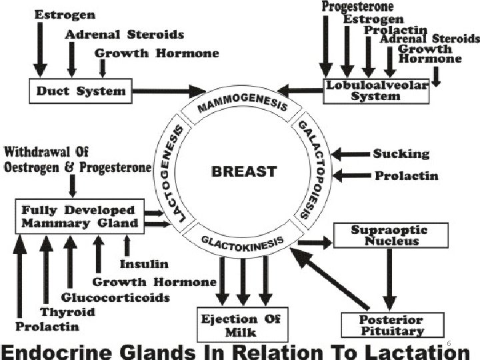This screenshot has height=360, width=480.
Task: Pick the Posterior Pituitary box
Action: click(392, 325)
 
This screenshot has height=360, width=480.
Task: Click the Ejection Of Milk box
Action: click(241, 325)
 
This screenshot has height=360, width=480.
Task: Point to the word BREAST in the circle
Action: click(243, 171)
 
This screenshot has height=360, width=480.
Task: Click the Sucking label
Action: click(401, 154)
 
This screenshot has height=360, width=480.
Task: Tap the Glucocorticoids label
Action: click(115, 297)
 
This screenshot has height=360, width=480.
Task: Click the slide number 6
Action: click(449, 343)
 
